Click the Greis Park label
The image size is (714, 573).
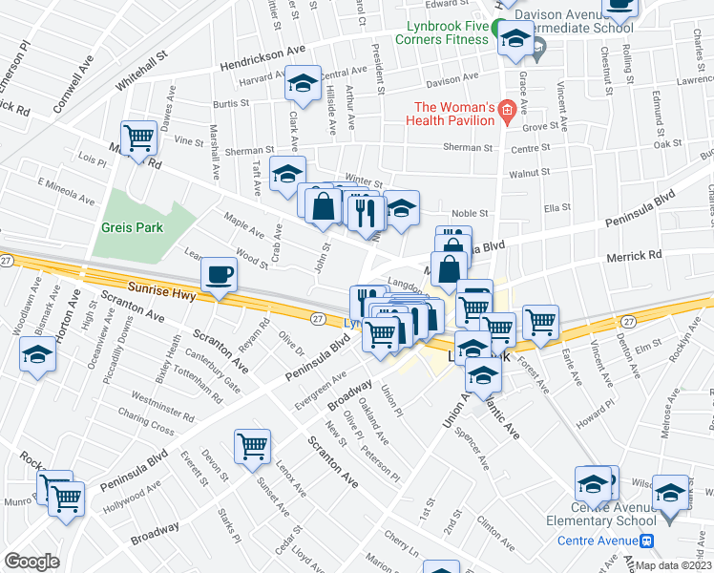[x=136, y=227]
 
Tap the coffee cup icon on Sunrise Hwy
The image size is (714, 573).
[x=219, y=277]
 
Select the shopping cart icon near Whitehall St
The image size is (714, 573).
[x=139, y=139]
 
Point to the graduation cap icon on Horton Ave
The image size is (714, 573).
[x=38, y=355]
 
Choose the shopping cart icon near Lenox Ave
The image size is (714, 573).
[x=252, y=446]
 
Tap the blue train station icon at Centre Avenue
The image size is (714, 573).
[x=647, y=541]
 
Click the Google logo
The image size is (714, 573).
[x=31, y=562]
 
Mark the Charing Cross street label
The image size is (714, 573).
[x=145, y=415]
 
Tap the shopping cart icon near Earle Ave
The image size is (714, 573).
[x=540, y=322]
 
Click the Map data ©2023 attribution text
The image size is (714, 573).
[x=672, y=565]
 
